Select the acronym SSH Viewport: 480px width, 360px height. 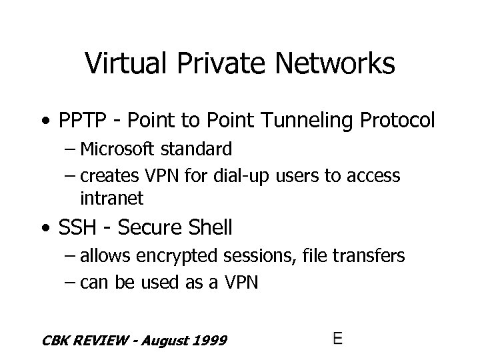(x=76, y=228)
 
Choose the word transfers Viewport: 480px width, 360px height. (x=373, y=255)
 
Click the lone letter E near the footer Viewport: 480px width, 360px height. (x=338, y=338)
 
